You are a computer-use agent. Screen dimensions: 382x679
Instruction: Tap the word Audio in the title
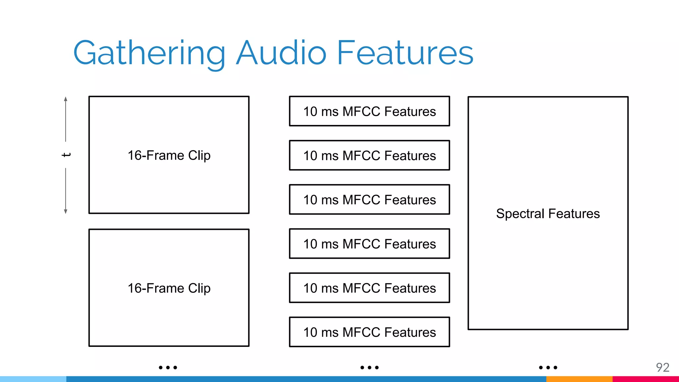tap(281, 53)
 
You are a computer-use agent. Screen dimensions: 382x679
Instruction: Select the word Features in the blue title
tap(405, 53)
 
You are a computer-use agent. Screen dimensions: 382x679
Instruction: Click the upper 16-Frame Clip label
tap(169, 155)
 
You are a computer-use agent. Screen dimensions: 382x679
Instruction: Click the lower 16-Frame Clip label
tap(169, 288)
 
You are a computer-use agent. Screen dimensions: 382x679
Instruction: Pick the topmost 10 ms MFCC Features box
tap(369, 111)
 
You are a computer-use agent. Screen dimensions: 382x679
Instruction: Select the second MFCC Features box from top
tap(369, 156)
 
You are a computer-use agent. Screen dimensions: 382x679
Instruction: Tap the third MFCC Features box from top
tap(369, 200)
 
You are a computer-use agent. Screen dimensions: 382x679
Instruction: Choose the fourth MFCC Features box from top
tap(369, 244)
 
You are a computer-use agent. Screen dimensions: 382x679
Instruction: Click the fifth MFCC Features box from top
tap(369, 288)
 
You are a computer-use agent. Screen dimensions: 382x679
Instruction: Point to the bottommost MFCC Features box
tap(369, 332)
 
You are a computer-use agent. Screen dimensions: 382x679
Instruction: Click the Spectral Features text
tap(548, 214)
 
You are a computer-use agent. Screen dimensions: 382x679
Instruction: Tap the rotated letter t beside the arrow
tap(66, 155)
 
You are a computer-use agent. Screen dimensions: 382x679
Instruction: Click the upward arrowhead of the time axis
tap(66, 99)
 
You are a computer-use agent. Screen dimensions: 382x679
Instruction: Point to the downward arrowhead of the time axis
tap(66, 211)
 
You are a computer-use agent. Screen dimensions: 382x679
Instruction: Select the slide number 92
tap(662, 367)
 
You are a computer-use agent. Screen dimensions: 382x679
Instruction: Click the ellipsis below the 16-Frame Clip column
tap(168, 367)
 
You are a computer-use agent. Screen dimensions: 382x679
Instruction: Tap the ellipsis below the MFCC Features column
tap(369, 367)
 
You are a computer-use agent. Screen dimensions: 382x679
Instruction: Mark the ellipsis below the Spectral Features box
tap(548, 367)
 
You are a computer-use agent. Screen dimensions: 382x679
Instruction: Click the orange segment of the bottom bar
tap(579, 379)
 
